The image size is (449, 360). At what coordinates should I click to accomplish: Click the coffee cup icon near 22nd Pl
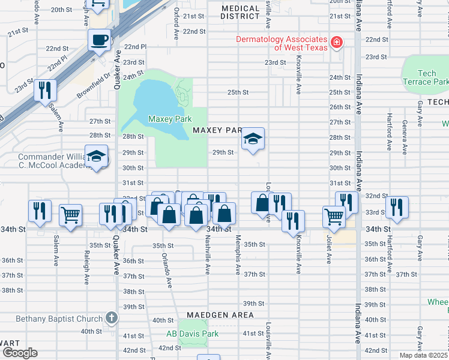pyautogui.click(x=100, y=40)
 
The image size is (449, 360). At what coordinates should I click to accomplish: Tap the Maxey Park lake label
pyautogui.click(x=169, y=119)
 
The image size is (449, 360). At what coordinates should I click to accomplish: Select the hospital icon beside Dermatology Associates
pyautogui.click(x=337, y=42)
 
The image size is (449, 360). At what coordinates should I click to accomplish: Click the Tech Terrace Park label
pyautogui.click(x=426, y=77)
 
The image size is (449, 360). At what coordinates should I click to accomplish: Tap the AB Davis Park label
pyautogui.click(x=192, y=334)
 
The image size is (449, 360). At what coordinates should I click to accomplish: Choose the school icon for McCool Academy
pyautogui.click(x=96, y=157)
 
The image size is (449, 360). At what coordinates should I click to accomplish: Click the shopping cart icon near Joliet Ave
pyautogui.click(x=334, y=217)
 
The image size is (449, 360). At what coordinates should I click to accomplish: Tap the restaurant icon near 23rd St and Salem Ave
pyautogui.click(x=45, y=90)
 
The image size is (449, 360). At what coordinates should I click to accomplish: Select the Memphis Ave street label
pyautogui.click(x=238, y=258)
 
